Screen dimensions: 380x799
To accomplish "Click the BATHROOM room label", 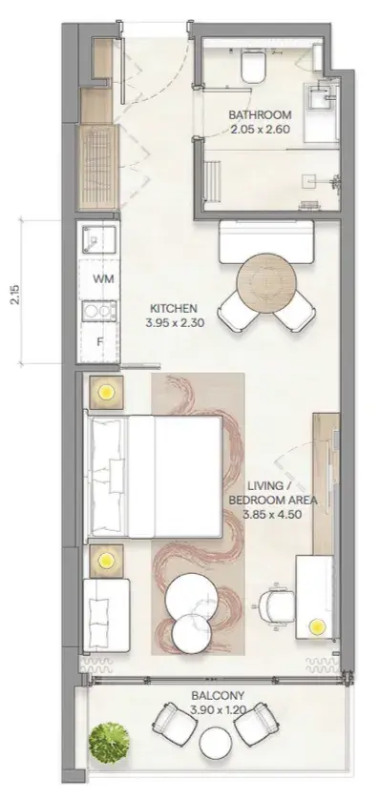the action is pyautogui.click(x=260, y=114).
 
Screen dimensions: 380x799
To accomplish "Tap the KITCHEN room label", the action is pyautogui.click(x=174, y=308).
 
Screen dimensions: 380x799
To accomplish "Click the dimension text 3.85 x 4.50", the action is pyautogui.click(x=272, y=515).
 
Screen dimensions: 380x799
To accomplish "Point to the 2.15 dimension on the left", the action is pyautogui.click(x=15, y=295).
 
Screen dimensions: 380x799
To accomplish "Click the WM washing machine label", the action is pyautogui.click(x=103, y=278).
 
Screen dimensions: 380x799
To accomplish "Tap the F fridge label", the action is pyautogui.click(x=100, y=342).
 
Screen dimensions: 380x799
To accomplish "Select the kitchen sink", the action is pyautogui.click(x=99, y=239).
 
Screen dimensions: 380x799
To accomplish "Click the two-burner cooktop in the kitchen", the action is pyautogui.click(x=99, y=310).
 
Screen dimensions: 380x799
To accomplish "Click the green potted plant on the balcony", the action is pyautogui.click(x=109, y=741).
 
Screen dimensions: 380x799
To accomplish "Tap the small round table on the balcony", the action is pyautogui.click(x=215, y=743).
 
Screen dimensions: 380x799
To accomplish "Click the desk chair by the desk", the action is pyautogui.click(x=275, y=605).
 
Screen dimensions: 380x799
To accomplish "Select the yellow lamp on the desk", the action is pyautogui.click(x=318, y=625).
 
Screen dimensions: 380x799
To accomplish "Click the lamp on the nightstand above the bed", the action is pyautogui.click(x=106, y=392).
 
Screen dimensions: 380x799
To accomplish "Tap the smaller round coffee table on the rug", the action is pyautogui.click(x=191, y=633).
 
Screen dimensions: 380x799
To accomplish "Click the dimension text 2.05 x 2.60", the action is pyautogui.click(x=260, y=129).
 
